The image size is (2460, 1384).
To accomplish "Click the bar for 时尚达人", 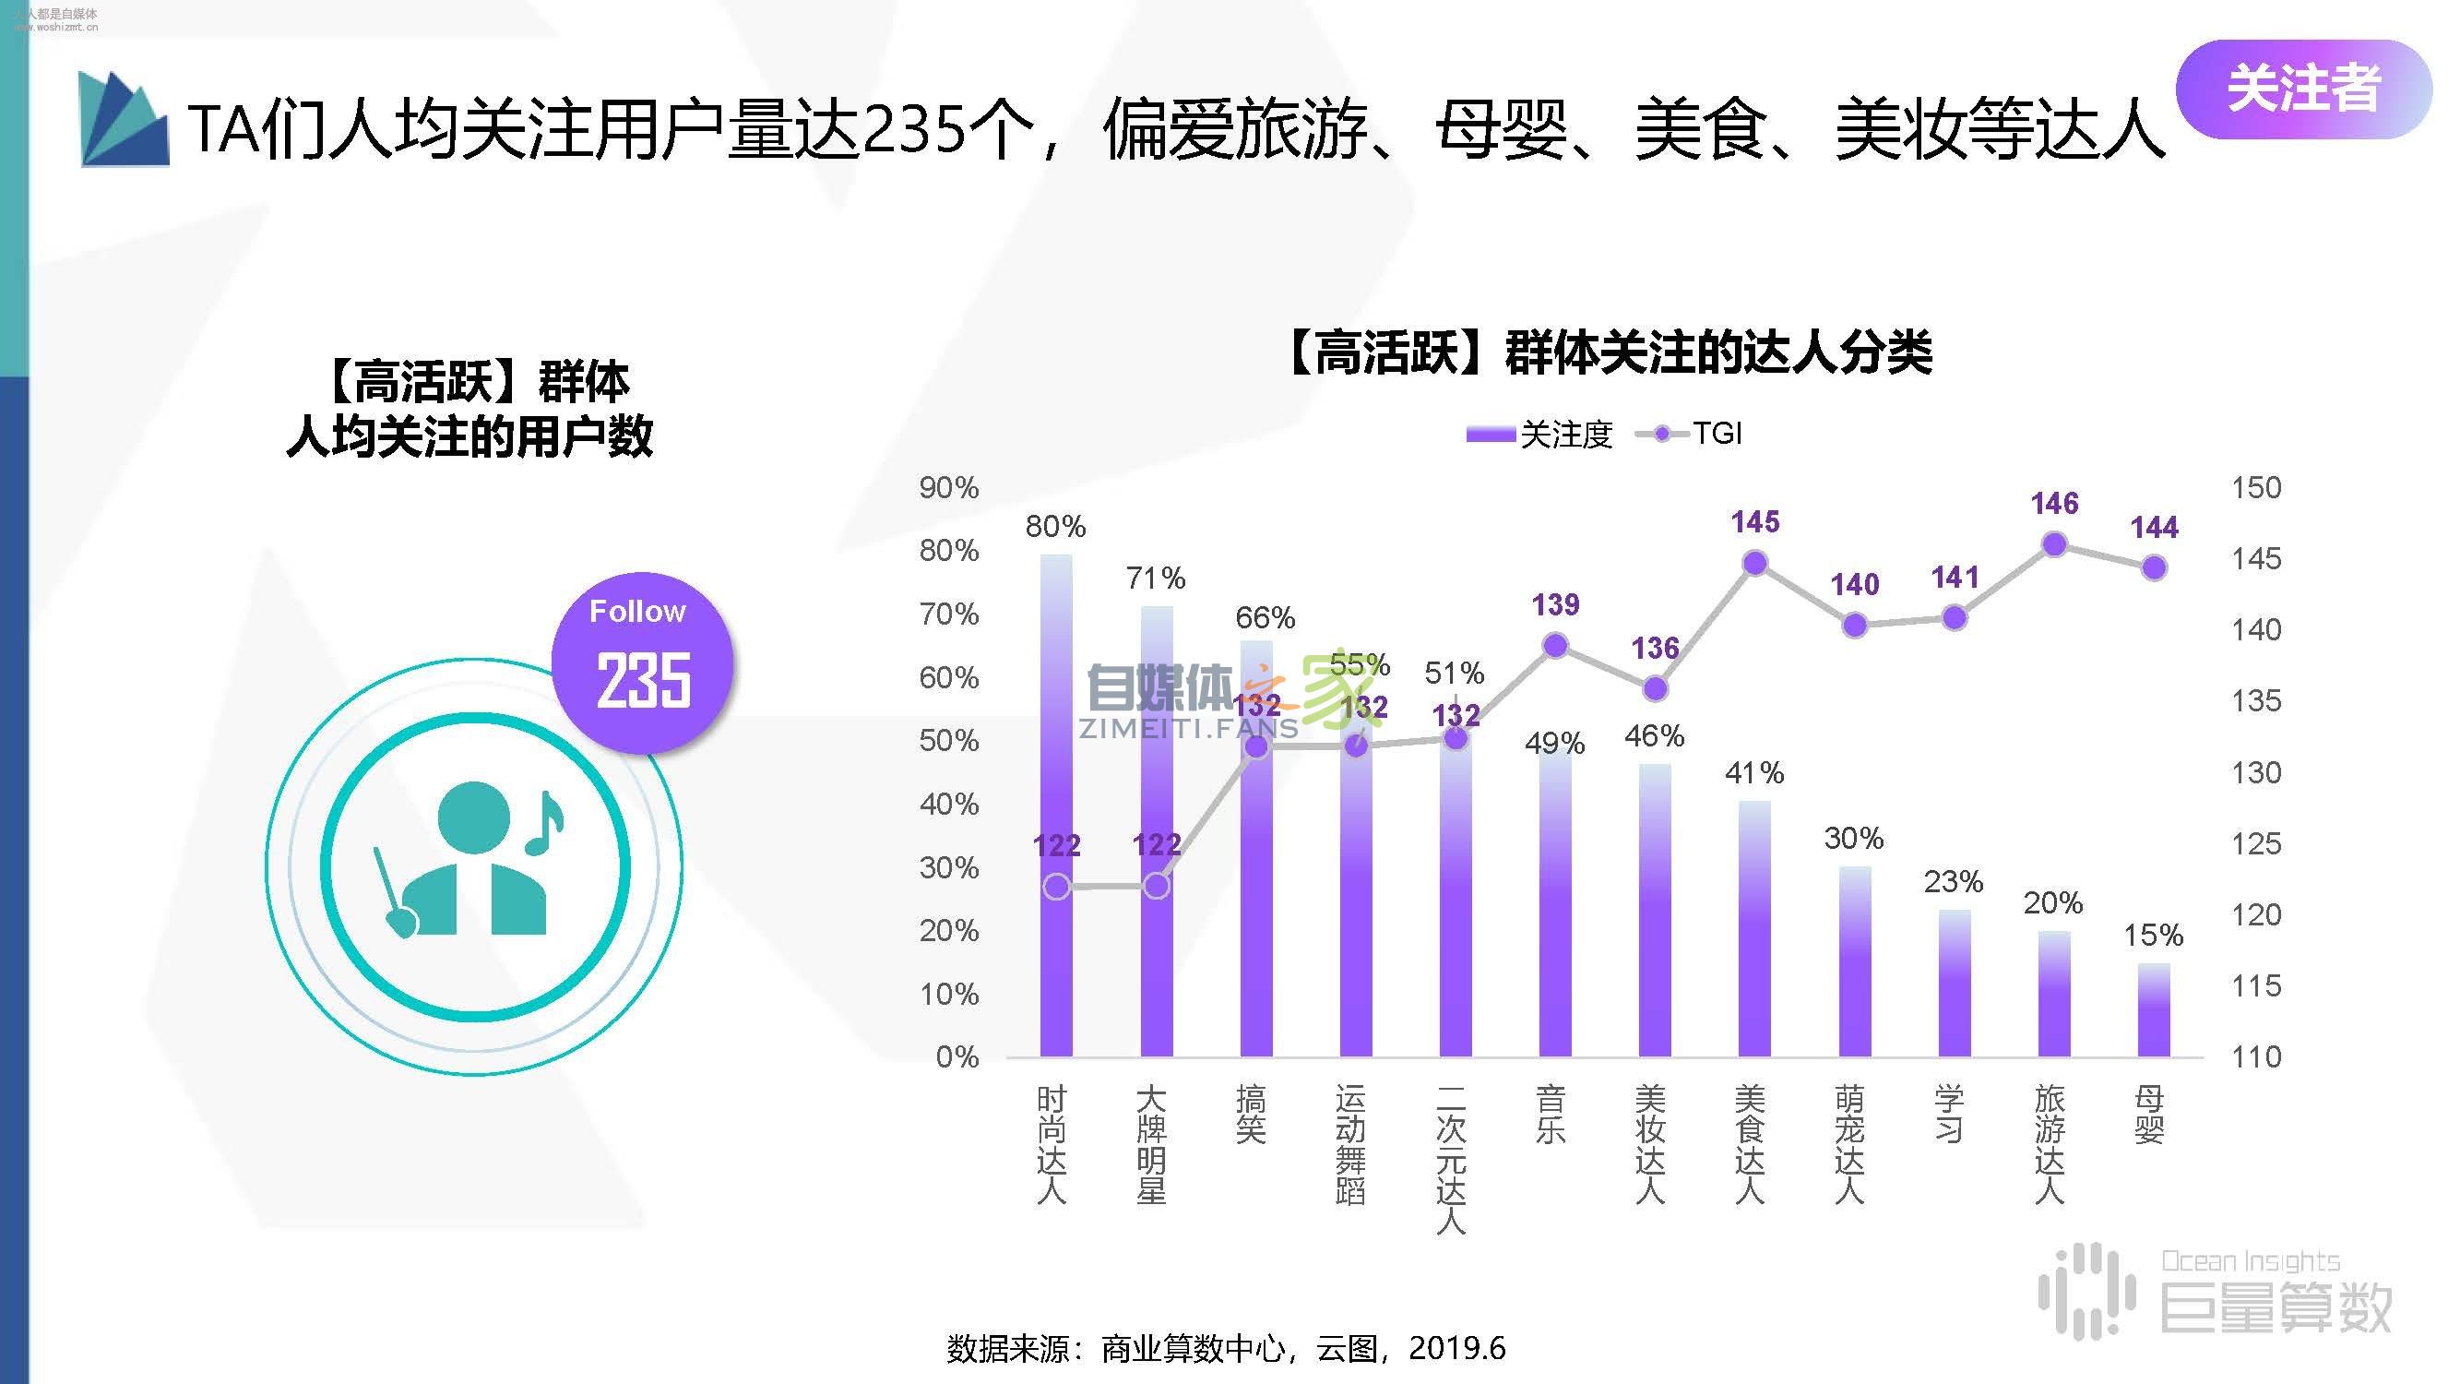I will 1055,812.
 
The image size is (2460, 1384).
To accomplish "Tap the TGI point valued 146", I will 2054,544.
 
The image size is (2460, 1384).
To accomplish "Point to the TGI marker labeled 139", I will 1555,646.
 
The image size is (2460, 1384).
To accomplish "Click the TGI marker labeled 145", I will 1754,564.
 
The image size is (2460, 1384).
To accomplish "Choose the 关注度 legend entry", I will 1539,435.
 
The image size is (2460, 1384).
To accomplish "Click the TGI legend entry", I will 1691,434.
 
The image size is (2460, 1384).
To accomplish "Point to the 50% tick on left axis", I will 948,740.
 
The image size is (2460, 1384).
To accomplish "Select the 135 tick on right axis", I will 2255,700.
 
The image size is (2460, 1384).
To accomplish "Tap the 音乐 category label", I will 1549,1114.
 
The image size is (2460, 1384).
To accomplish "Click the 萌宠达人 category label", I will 1849,1143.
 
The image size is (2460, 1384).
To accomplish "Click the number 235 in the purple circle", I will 643,680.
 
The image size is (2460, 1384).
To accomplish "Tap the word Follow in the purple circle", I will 637,612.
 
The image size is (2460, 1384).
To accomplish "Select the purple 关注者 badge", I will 2302,88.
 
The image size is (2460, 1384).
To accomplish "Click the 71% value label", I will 1155,578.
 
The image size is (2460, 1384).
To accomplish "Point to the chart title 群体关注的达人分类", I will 1610,352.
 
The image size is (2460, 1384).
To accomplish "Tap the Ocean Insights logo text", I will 2250,1261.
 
